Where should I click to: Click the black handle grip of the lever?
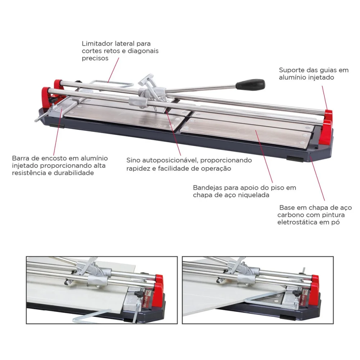251,85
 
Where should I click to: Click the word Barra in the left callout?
21,158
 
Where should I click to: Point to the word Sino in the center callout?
134,160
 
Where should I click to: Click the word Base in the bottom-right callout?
287,208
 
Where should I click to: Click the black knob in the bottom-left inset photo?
139,294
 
